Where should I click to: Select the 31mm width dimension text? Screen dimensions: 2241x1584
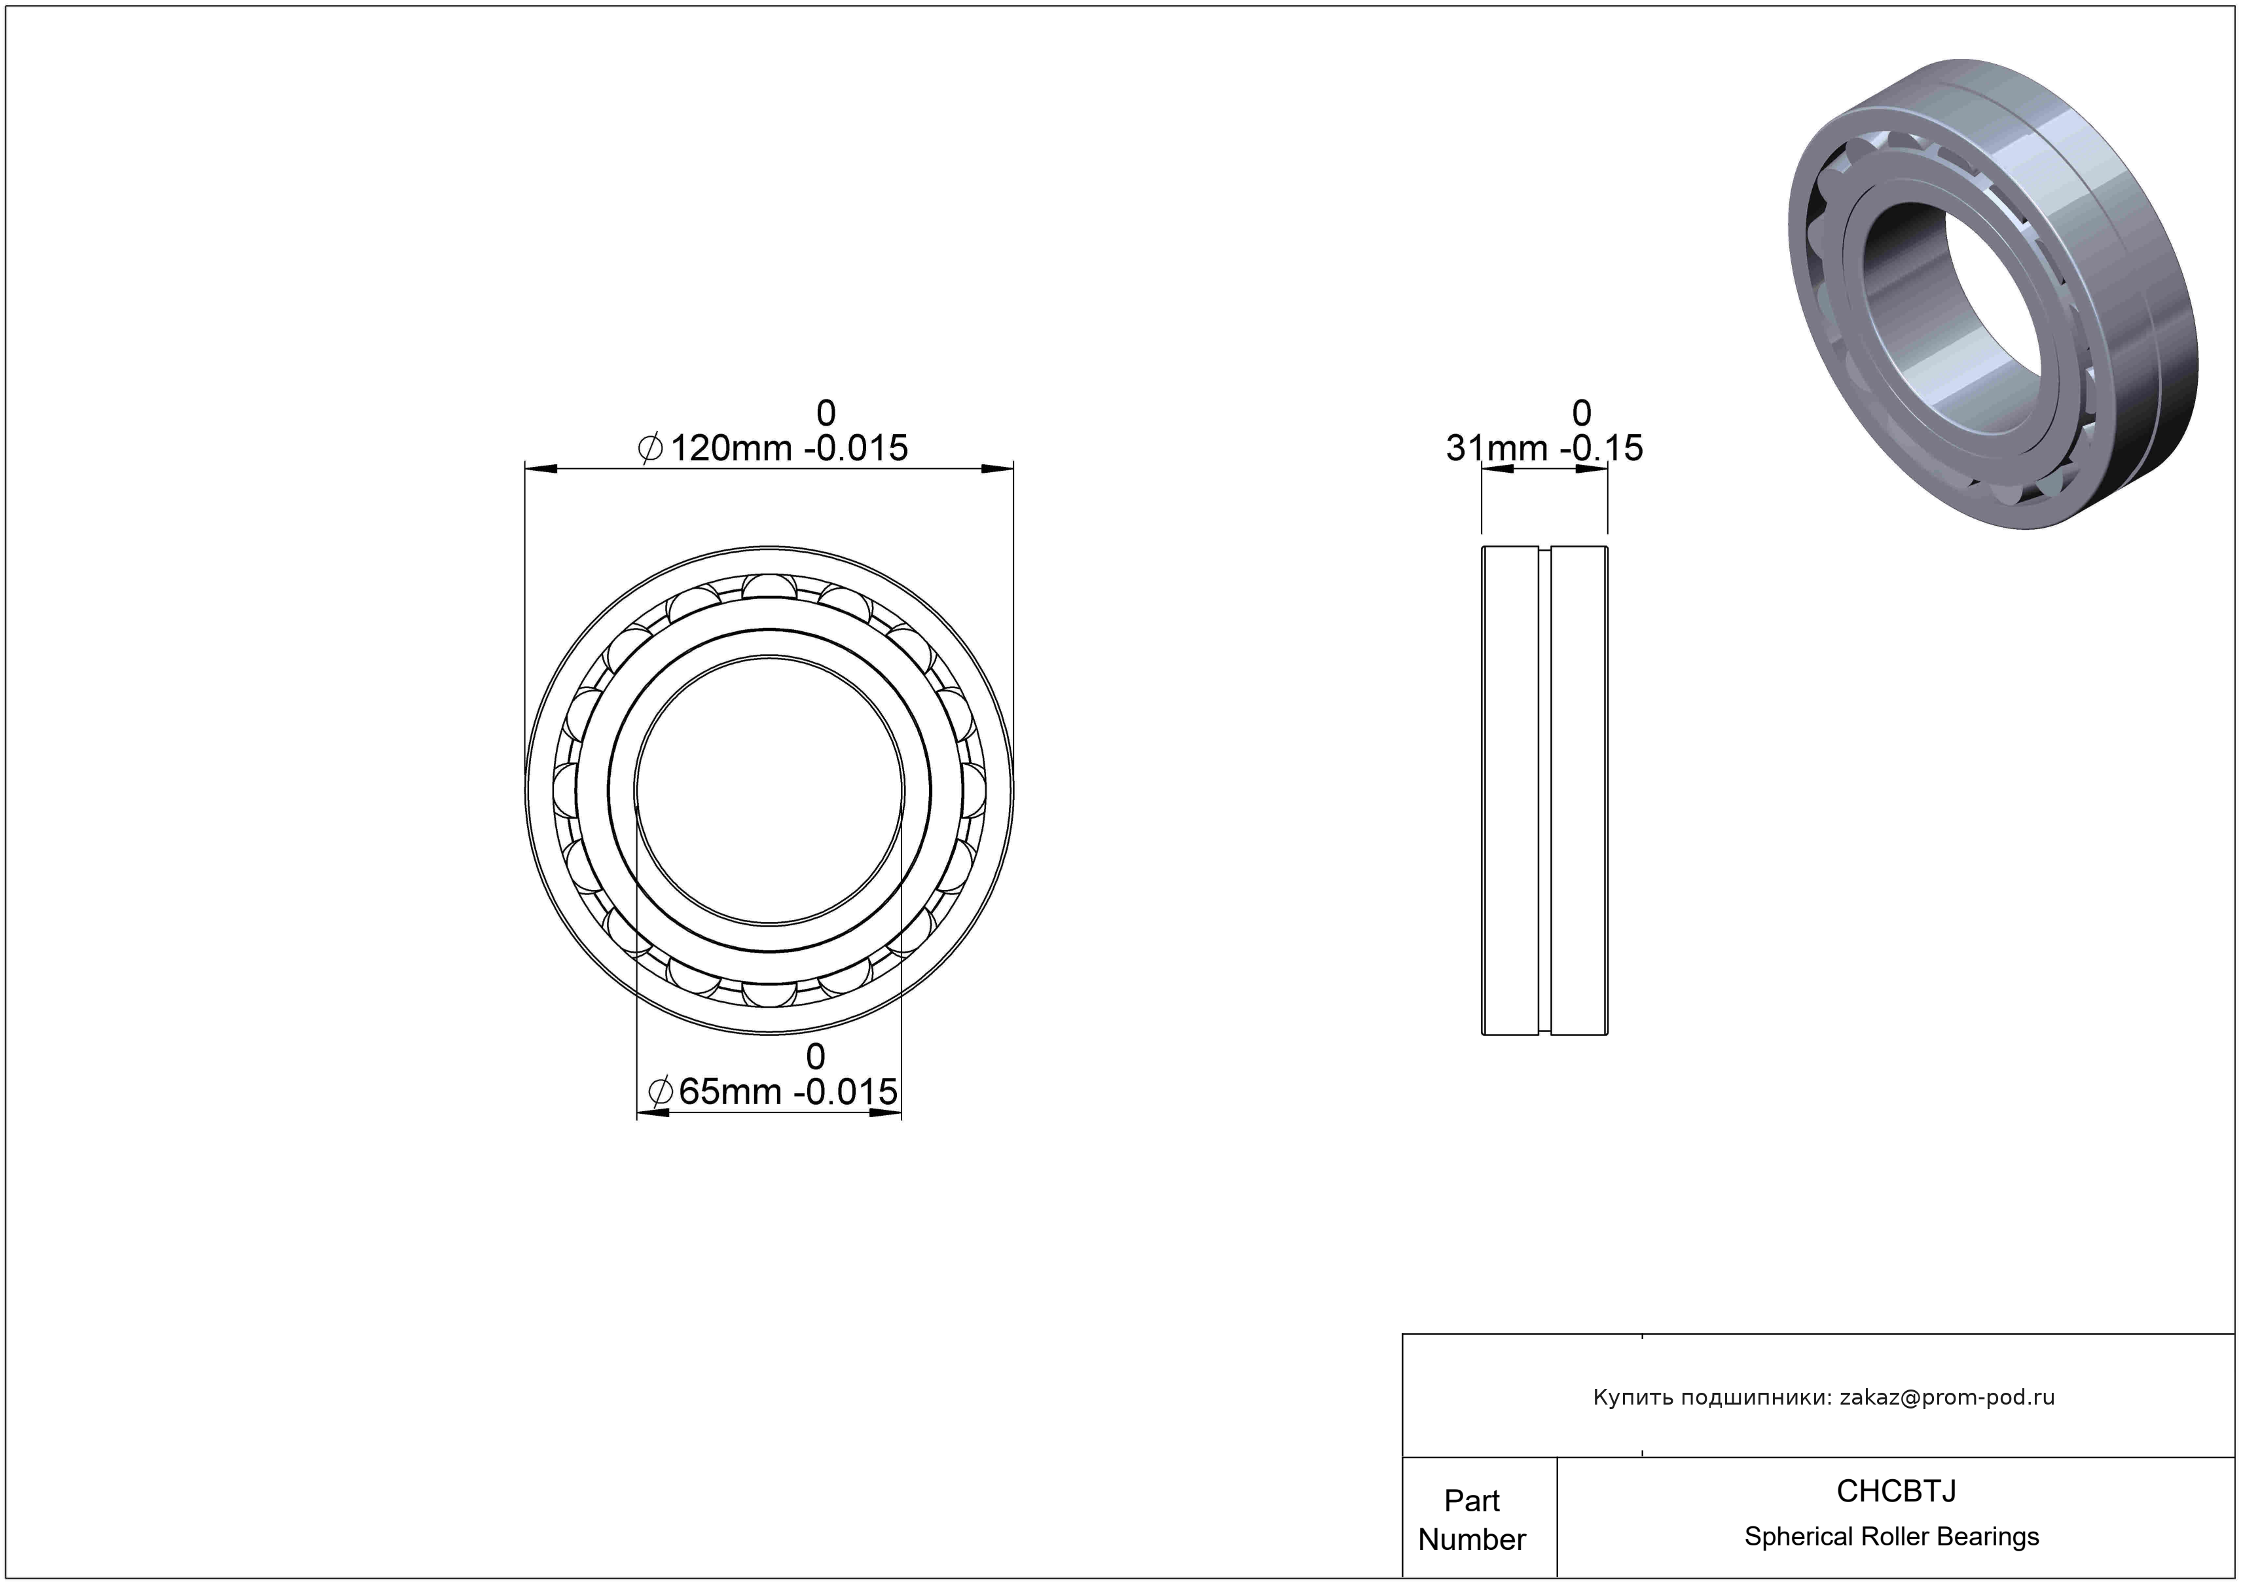tap(1544, 448)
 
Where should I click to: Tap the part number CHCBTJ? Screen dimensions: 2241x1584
tap(1895, 1490)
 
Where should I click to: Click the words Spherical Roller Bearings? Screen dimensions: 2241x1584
tap(1891, 1536)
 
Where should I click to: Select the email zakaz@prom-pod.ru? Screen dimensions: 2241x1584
tap(1947, 1397)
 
